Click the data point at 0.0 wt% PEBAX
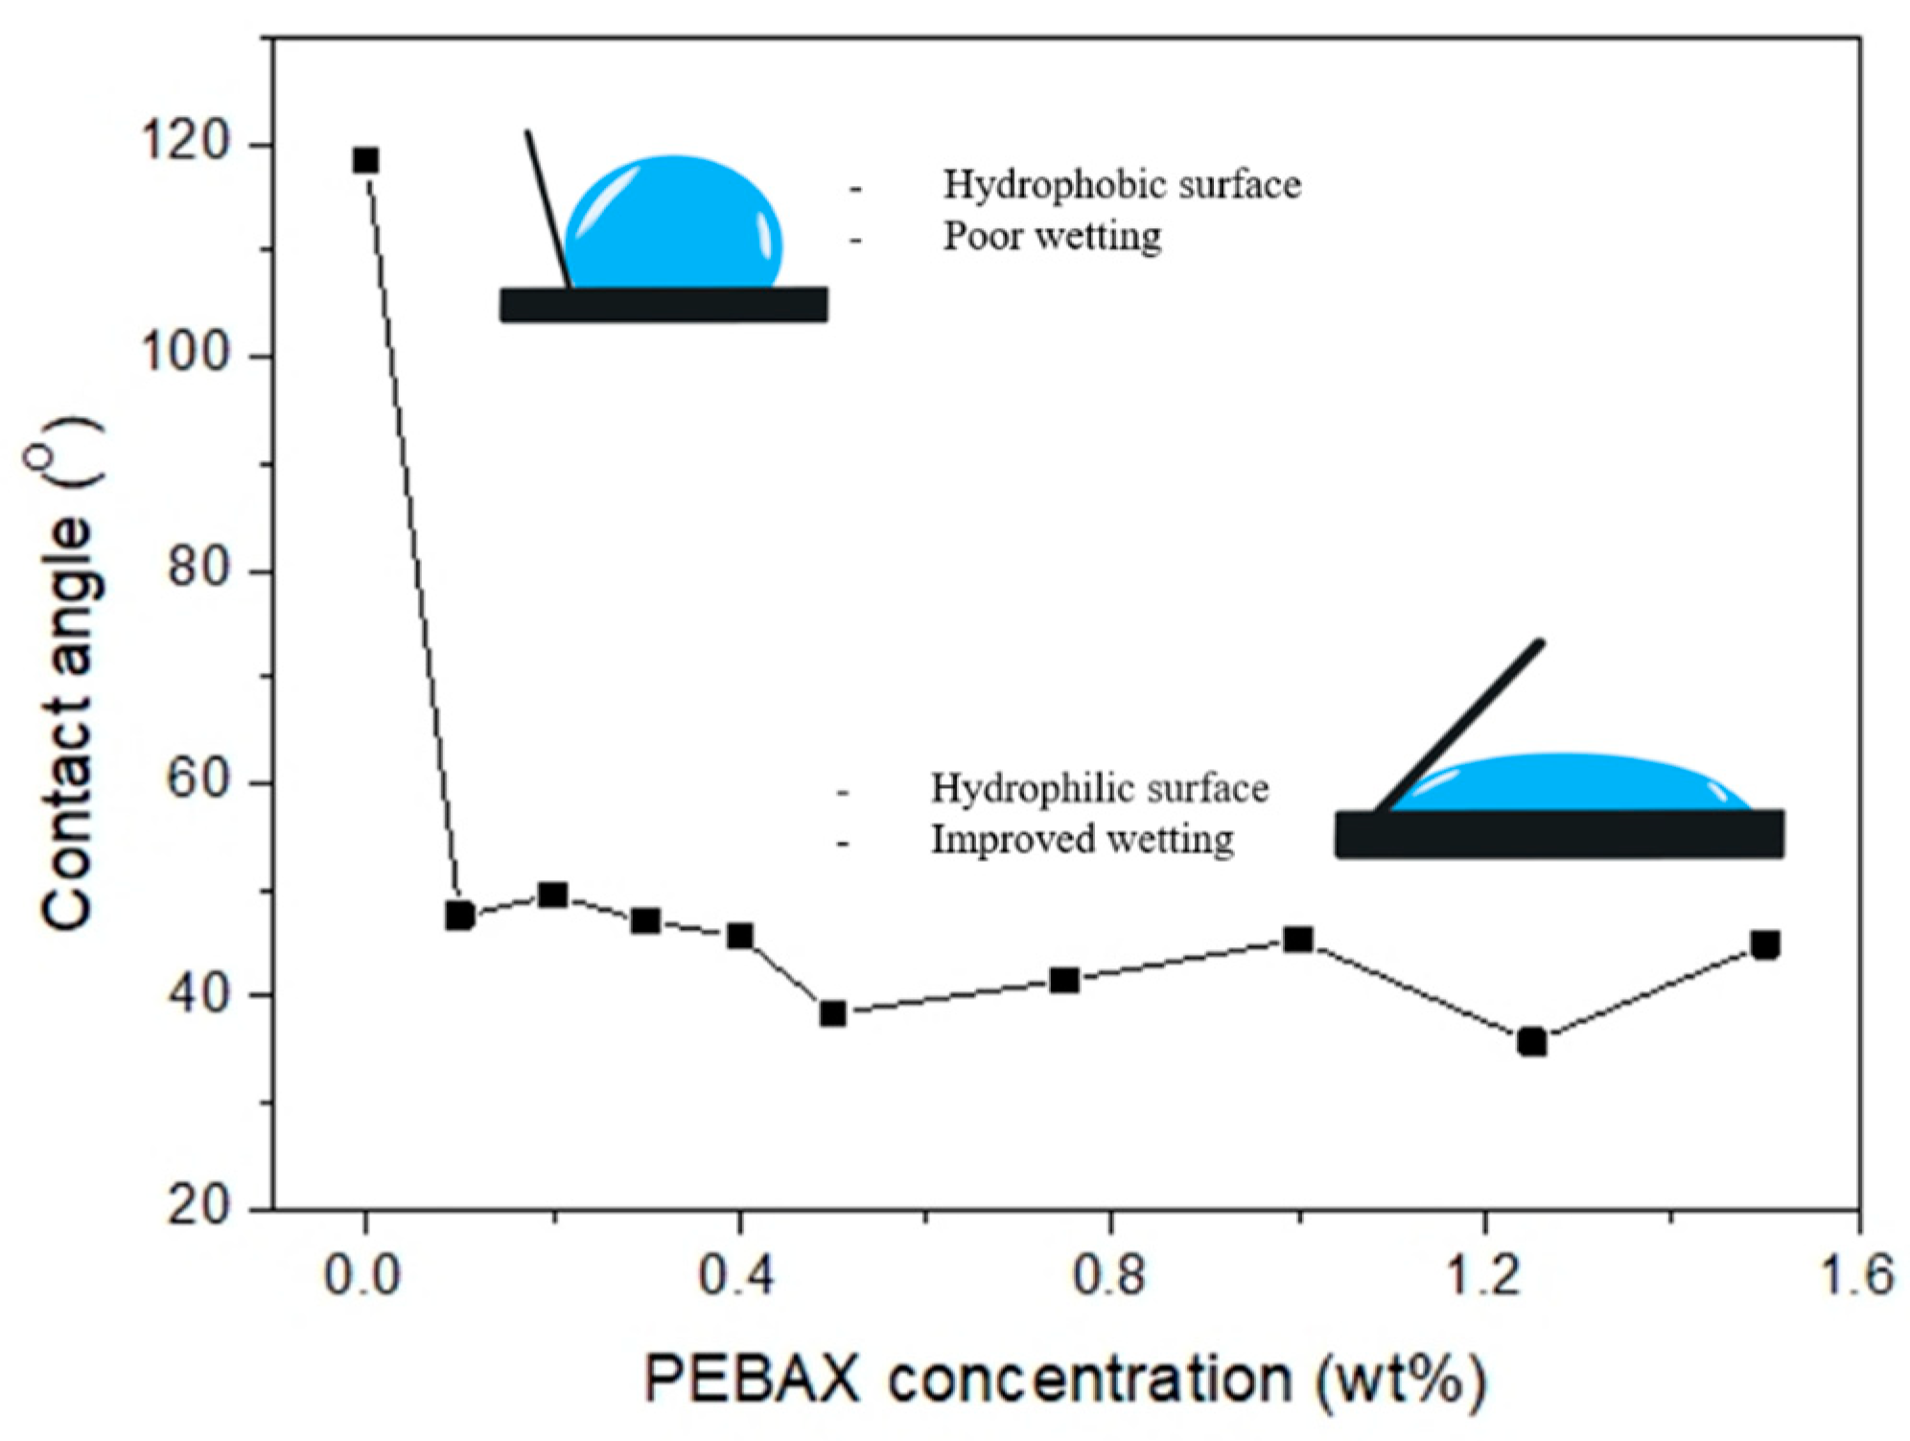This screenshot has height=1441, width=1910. pos(365,160)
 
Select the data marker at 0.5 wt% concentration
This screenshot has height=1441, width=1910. pos(832,1013)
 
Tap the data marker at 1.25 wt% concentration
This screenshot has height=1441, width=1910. pos(1531,1041)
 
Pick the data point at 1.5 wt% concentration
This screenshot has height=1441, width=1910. pos(1764,944)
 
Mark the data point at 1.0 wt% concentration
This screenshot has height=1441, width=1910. pos(1297,939)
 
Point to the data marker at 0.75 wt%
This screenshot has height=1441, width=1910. pos(1064,980)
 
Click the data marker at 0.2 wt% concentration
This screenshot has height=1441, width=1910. pos(552,895)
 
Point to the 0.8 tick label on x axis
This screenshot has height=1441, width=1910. pos(1109,1276)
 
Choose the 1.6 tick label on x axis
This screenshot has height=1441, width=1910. pos(1856,1276)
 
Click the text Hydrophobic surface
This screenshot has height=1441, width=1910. pos(1122,185)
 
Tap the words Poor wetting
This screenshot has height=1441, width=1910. pos(1052,236)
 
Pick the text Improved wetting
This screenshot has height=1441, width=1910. pos(1083,840)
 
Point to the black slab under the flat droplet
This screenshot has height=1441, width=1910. pos(1559,833)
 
